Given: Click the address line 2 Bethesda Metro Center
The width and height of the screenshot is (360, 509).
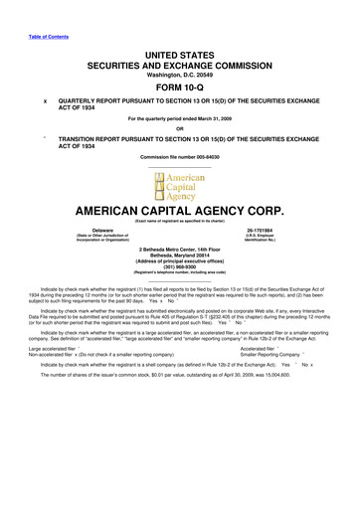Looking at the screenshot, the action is [179, 248].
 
